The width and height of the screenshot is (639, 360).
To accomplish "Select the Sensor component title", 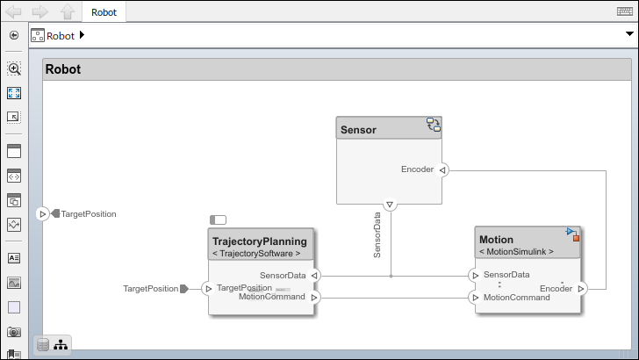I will [x=358, y=129].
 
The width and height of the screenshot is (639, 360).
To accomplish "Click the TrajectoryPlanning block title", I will [x=259, y=241].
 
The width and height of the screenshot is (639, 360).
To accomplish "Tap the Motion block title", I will [x=496, y=239].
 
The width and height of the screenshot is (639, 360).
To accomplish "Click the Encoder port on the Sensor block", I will [x=443, y=169].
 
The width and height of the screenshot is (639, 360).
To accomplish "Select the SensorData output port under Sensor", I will [x=391, y=205].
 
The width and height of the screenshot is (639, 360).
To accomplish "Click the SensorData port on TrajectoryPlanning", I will [x=315, y=275].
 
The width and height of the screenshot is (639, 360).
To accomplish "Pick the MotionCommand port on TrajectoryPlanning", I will [x=315, y=298].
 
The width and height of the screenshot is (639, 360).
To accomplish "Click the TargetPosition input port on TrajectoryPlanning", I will [x=208, y=288].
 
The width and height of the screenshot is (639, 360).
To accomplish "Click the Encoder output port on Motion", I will [x=580, y=288].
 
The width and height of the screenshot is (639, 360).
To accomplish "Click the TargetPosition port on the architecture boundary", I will [x=42, y=213].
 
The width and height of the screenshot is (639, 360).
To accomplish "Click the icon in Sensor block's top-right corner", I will [x=434, y=125].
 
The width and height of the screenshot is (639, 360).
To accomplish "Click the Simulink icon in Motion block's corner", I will [x=572, y=234].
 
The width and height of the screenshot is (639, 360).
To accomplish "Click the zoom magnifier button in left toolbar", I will [x=14, y=68].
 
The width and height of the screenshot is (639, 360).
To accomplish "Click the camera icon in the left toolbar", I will [x=14, y=332].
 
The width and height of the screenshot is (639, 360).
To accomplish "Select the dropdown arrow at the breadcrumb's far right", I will [x=628, y=34].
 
